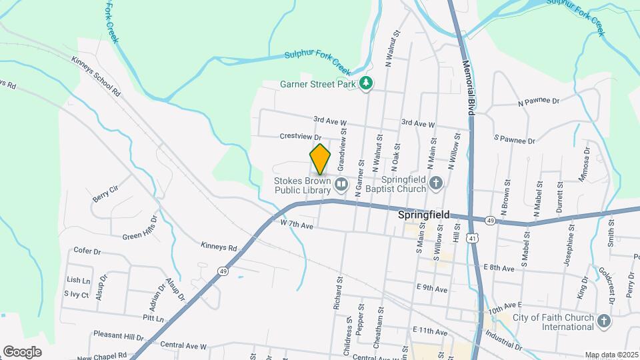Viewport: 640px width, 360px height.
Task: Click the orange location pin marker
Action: (x=320, y=159)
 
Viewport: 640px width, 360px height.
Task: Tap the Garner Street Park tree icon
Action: (x=366, y=83)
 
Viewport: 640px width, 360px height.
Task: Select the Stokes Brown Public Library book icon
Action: (x=341, y=183)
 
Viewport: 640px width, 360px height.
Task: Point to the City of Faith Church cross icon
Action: (x=604, y=321)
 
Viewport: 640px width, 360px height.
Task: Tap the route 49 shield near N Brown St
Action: (x=490, y=221)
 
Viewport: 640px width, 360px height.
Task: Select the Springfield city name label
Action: (x=423, y=215)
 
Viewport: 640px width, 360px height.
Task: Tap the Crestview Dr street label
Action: (x=301, y=137)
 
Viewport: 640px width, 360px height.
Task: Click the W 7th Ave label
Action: (x=297, y=225)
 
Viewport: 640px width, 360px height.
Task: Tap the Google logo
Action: (x=22, y=351)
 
